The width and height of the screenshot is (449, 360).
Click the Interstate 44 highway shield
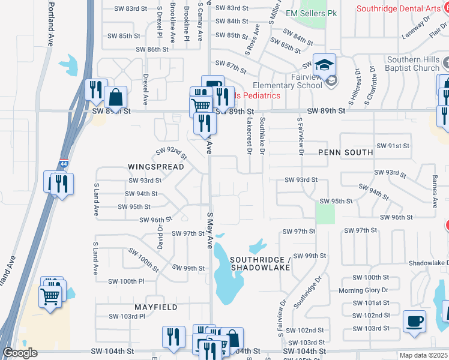click(64, 163)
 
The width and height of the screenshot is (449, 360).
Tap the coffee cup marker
click(414, 321)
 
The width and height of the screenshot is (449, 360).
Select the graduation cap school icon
click(325, 64)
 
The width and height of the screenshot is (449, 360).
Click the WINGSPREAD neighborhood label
click(155, 166)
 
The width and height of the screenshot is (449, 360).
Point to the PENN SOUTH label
click(345, 152)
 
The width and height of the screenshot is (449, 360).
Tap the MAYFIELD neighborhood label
click(155, 307)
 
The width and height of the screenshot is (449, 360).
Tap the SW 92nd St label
click(172, 153)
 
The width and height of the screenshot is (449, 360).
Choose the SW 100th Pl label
click(126, 281)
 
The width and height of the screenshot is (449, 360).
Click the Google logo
click(20, 353)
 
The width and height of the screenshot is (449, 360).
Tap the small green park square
click(325, 213)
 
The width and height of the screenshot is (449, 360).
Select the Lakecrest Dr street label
click(249, 134)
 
